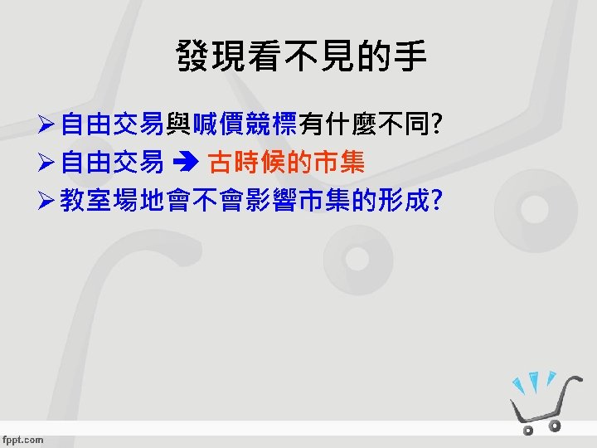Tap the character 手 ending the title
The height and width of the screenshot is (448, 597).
coord(412,57)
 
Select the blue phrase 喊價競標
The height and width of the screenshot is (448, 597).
coord(245,126)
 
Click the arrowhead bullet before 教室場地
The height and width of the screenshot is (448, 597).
coord(46,202)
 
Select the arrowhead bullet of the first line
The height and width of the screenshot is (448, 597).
coord(46,127)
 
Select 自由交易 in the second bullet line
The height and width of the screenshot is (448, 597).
coord(111,163)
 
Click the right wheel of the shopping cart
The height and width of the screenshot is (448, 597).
coord(556,426)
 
